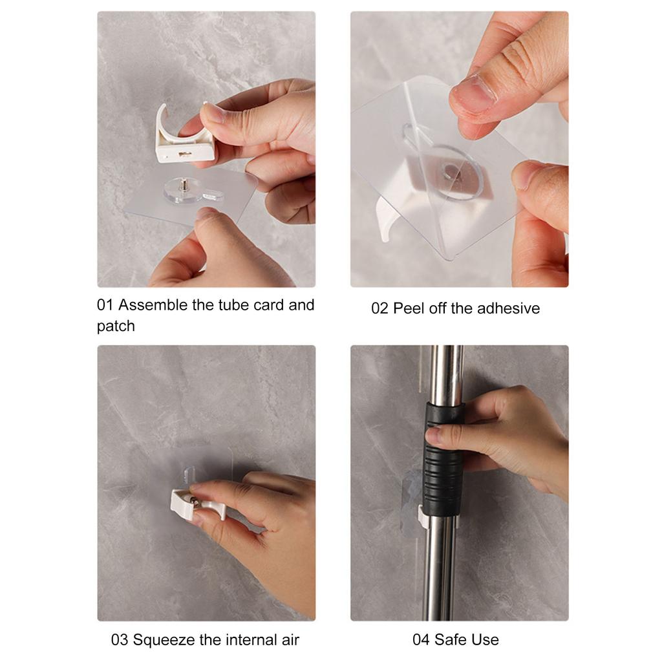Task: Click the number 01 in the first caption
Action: point(105,305)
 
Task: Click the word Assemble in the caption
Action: point(153,305)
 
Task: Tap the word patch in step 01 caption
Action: point(116,326)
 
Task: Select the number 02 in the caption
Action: point(379,308)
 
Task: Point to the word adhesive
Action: point(508,308)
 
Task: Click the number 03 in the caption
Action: point(120,640)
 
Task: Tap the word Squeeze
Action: point(164,640)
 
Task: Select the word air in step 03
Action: point(288,640)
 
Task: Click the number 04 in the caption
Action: point(421,640)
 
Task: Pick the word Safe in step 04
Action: point(451,640)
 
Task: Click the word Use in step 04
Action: point(486,640)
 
